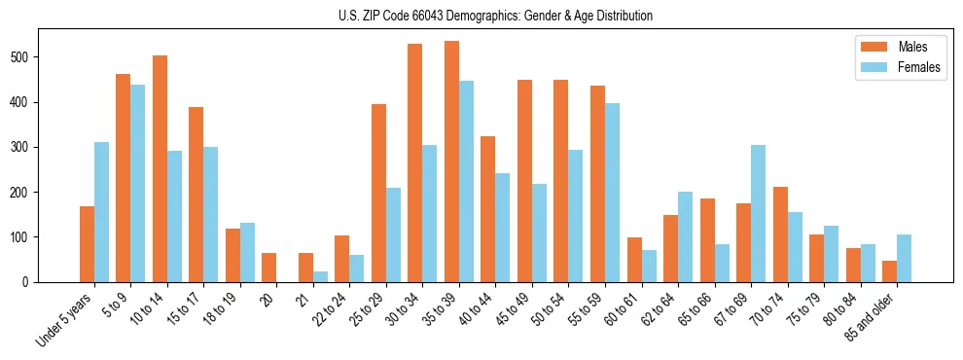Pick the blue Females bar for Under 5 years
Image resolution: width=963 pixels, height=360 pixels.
(x=101, y=212)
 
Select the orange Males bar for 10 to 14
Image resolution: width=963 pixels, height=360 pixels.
(x=160, y=168)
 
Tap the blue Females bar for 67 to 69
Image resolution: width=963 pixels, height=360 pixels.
(x=758, y=213)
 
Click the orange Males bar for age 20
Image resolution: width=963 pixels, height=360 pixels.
(x=269, y=268)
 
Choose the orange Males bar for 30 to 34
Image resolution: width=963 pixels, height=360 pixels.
(x=415, y=162)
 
